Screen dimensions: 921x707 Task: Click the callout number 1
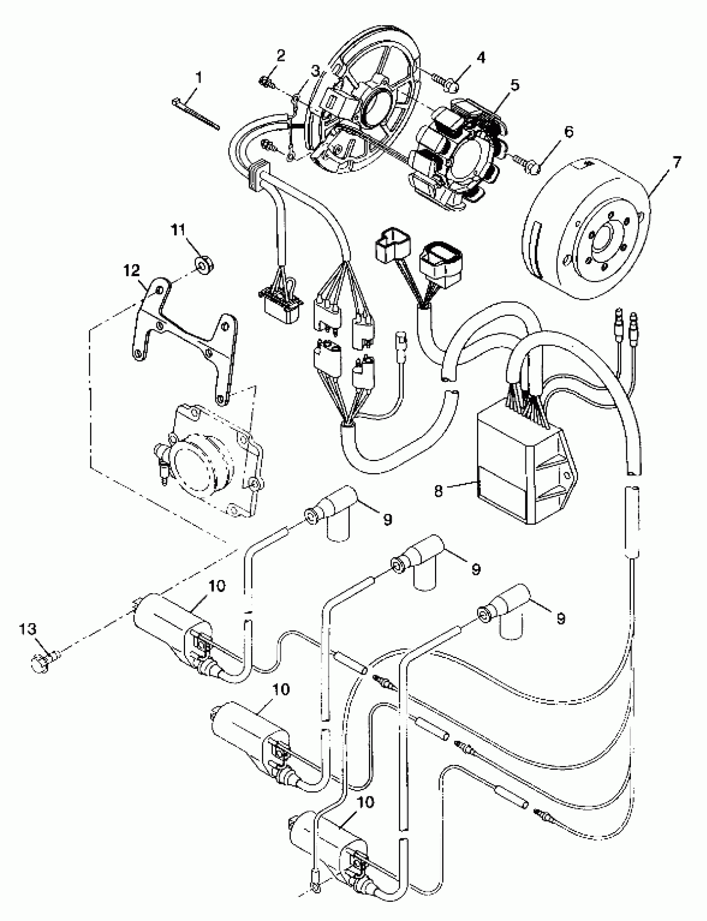(198, 77)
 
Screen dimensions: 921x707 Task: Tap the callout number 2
(280, 55)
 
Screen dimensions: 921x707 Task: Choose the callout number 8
(438, 490)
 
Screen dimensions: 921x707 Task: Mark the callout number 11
(178, 231)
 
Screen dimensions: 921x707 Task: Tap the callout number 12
(132, 271)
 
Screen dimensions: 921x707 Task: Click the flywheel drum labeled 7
(589, 236)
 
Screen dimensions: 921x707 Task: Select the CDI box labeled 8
(526, 467)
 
